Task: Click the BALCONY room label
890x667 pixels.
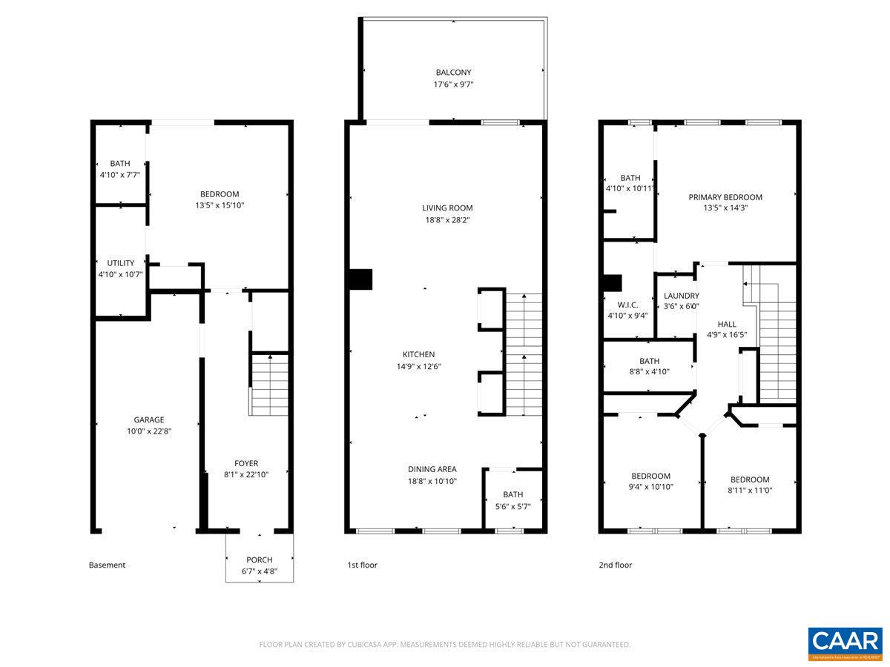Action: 453,73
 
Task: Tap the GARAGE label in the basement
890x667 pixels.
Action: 149,419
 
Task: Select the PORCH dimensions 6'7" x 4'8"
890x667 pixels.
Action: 260,571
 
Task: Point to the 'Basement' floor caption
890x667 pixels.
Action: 108,565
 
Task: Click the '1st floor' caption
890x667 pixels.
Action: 363,565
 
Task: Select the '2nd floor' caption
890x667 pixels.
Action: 616,565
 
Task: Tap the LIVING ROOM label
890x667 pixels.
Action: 447,208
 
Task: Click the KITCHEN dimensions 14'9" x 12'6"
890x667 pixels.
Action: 418,366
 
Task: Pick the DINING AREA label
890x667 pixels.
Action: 432,469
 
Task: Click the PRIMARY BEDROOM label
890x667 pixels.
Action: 725,197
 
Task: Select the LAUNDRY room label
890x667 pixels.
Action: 681,296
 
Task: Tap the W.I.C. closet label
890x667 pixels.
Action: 627,305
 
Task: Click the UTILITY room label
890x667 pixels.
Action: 120,263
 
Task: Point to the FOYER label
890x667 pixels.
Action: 246,463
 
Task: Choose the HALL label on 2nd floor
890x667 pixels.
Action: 727,324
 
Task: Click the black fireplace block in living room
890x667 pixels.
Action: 360,279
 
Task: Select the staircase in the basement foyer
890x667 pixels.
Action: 268,385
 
